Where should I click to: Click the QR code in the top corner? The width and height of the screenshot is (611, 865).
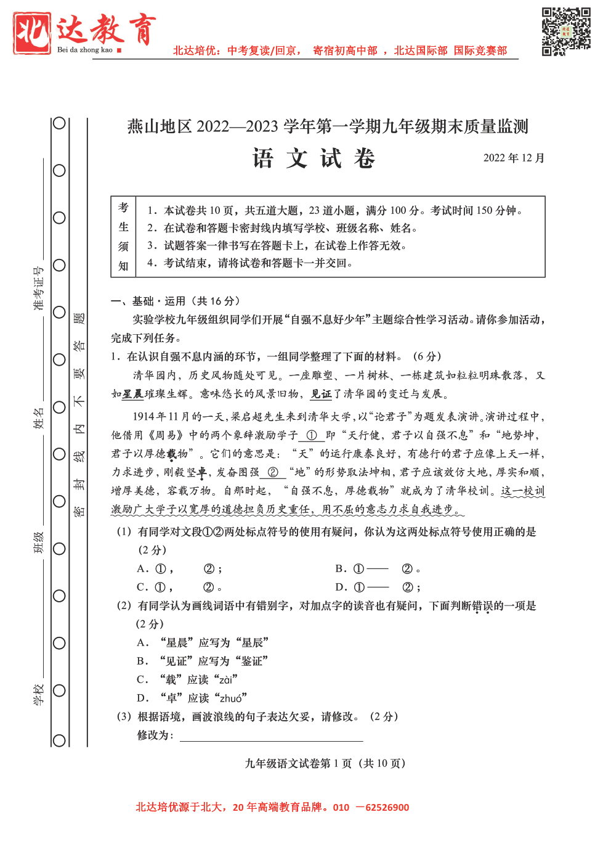[566, 31]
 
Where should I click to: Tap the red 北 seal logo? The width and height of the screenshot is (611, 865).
[32, 33]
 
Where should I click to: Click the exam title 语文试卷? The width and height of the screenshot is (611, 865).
[314, 158]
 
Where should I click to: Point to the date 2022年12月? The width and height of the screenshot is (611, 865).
[514, 158]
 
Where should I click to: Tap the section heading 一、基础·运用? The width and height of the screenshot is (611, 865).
[175, 301]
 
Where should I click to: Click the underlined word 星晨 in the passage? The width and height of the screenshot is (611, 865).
[132, 394]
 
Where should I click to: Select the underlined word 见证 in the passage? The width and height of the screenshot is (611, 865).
[321, 394]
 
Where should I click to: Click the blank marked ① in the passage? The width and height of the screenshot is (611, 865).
[311, 435]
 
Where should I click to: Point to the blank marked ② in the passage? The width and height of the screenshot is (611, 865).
[272, 472]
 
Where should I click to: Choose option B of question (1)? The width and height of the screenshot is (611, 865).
[378, 568]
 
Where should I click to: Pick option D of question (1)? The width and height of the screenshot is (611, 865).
[378, 587]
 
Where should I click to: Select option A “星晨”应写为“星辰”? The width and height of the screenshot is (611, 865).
[203, 642]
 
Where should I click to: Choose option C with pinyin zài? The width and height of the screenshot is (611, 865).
[188, 679]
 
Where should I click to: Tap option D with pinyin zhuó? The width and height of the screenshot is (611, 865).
[192, 698]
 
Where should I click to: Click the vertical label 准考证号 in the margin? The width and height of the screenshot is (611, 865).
[38, 288]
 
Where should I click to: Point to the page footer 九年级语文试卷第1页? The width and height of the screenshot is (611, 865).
[325, 763]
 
